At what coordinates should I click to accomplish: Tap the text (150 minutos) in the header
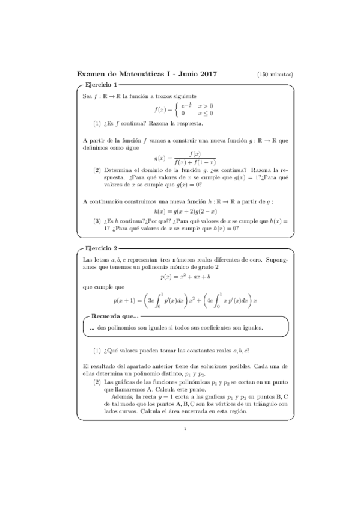point(275,75)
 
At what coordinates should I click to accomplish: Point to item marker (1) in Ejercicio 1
point(97,124)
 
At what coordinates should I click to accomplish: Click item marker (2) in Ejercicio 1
point(97,170)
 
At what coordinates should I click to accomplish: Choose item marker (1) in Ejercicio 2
point(97,350)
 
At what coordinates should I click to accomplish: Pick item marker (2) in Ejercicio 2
point(97,381)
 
